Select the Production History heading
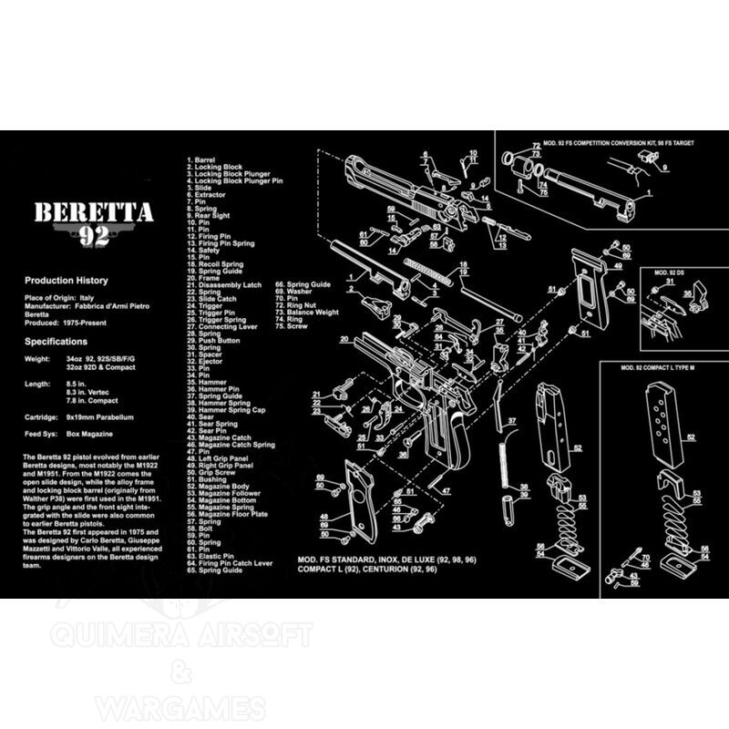click(67, 281)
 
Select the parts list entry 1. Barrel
click(202, 160)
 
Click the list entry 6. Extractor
click(207, 194)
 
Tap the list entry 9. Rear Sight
click(210, 215)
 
